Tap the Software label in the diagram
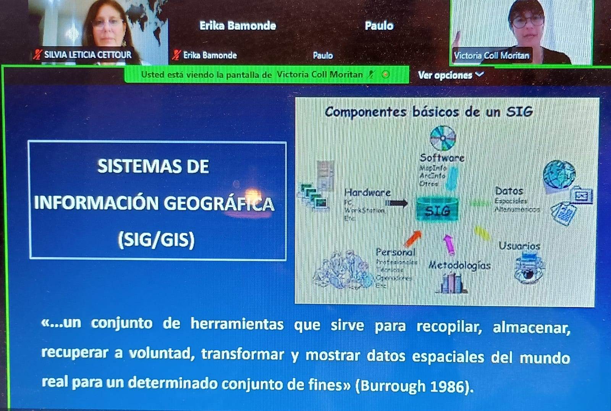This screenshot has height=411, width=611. (442, 158)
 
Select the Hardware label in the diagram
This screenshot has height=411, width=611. (367, 192)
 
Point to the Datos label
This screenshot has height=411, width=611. (509, 191)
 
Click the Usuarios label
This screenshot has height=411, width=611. (519, 246)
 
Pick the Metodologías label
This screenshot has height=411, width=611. (459, 265)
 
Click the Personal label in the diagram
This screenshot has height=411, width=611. (396, 252)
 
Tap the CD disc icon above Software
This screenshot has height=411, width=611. (443, 138)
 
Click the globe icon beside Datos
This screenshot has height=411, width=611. (559, 174)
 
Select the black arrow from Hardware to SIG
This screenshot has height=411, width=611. (397, 203)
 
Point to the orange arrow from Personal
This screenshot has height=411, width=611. (413, 238)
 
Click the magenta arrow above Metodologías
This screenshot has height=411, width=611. (449, 244)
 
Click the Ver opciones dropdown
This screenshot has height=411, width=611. (451, 75)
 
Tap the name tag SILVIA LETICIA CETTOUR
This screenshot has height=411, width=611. (87, 55)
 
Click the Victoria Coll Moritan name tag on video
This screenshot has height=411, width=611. (491, 56)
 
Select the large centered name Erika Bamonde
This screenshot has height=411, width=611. (238, 26)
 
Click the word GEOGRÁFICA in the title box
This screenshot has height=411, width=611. (219, 203)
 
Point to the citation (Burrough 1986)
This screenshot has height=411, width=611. (414, 386)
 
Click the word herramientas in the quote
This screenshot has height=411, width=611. (237, 324)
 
